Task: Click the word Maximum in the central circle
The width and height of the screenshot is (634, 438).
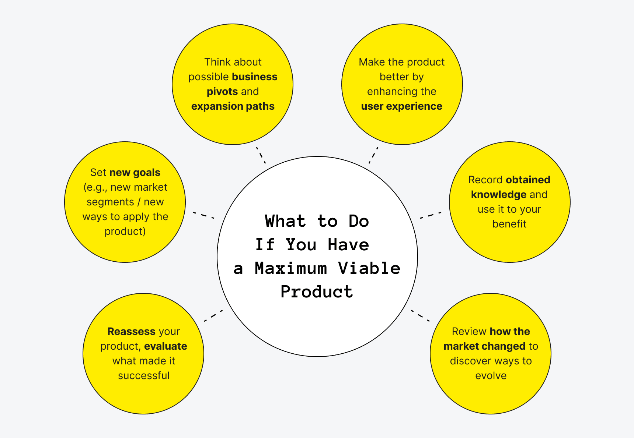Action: (x=290, y=268)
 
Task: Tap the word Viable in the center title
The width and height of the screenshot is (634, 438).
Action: (x=369, y=268)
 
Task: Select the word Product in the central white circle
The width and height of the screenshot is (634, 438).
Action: (x=317, y=292)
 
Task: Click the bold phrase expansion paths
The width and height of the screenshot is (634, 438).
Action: (x=233, y=106)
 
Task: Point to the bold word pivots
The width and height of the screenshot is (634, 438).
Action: (x=222, y=92)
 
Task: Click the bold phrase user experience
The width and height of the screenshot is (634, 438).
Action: (x=401, y=106)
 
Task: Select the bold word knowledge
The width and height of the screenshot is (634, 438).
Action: (x=498, y=195)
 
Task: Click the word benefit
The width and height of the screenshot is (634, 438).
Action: (x=509, y=224)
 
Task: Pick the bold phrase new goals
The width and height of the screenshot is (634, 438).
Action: (x=135, y=173)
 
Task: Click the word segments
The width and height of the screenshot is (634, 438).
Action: (x=110, y=202)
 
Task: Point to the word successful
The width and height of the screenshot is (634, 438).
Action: (x=143, y=376)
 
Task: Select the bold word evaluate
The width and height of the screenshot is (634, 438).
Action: (x=166, y=346)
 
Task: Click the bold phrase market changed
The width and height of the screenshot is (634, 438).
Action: (x=484, y=346)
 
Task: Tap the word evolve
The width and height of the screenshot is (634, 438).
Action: (x=491, y=376)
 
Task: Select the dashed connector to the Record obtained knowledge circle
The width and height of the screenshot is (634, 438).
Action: (x=431, y=215)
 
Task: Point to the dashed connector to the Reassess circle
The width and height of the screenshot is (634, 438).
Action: (x=213, y=316)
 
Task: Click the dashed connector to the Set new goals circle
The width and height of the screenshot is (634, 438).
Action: (x=203, y=215)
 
